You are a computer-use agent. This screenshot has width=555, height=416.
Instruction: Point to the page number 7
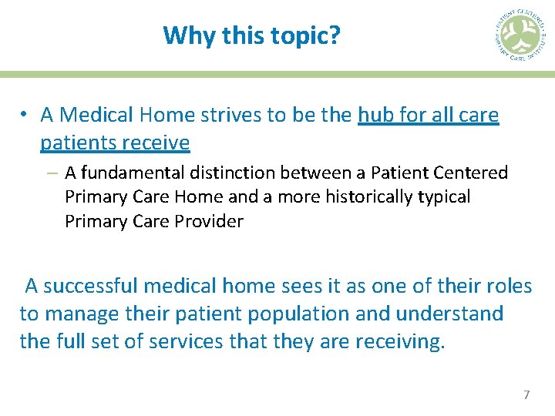pyautogui.click(x=526, y=395)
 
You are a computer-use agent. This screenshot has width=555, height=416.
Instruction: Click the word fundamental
pyautogui.click(x=129, y=173)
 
